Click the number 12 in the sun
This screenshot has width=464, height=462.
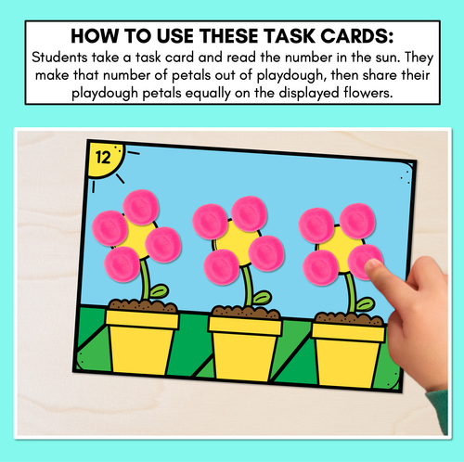[x=103, y=158]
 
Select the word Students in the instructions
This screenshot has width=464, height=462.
[x=59, y=58]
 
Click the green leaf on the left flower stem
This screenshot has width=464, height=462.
[x=159, y=291]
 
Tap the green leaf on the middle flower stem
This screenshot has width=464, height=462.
[x=262, y=298]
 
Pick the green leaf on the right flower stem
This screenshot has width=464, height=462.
[x=366, y=304]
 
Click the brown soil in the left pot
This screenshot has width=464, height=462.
[x=143, y=305]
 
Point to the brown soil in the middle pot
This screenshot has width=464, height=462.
[x=246, y=312]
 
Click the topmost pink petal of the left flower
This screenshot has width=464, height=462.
[x=141, y=207]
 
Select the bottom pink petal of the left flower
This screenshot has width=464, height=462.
[x=122, y=264]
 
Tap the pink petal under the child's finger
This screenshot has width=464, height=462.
[x=363, y=263]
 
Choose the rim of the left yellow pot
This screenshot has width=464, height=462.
[x=142, y=320]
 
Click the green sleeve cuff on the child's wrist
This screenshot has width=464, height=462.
[x=439, y=409]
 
